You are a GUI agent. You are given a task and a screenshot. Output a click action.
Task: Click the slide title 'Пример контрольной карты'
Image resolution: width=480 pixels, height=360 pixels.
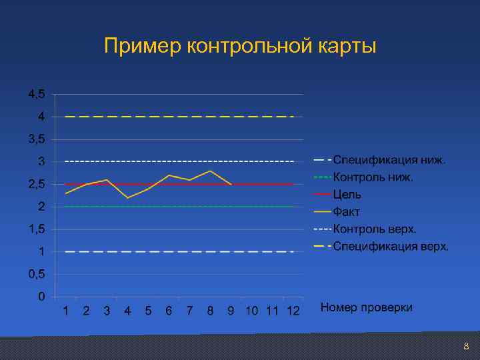(x=240, y=47)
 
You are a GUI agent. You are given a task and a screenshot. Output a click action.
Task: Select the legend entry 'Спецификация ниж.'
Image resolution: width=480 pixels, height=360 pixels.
(x=389, y=160)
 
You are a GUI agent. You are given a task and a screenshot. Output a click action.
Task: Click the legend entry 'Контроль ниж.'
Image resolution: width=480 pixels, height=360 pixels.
(x=373, y=177)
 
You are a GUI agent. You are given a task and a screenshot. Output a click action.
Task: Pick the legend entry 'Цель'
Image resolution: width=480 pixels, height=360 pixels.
(x=347, y=195)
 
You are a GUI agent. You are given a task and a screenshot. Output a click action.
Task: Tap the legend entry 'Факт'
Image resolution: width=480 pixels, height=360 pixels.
(x=347, y=212)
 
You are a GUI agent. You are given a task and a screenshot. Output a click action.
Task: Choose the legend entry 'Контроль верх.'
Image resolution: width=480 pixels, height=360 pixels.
(x=375, y=229)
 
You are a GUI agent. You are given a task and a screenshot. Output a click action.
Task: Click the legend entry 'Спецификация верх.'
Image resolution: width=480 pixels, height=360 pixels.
(x=391, y=247)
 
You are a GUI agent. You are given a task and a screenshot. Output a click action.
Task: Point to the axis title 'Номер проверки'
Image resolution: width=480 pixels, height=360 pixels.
(x=367, y=307)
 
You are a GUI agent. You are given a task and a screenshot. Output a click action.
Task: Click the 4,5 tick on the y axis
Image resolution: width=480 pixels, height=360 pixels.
(x=37, y=94)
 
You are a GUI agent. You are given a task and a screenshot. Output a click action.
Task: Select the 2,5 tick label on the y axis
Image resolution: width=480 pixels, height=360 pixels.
(x=37, y=184)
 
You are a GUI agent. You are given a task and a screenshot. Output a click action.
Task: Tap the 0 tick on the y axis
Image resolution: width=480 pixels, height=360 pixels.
(x=41, y=296)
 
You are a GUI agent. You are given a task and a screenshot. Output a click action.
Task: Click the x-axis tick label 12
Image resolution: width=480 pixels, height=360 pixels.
(x=293, y=311)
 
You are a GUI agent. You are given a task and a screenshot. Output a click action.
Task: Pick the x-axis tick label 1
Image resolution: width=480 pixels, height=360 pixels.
(x=65, y=311)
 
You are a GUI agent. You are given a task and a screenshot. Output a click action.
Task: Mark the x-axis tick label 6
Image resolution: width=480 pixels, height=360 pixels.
(x=169, y=311)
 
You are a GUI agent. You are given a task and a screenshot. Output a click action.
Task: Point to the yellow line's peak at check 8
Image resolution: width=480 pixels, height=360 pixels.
(x=211, y=171)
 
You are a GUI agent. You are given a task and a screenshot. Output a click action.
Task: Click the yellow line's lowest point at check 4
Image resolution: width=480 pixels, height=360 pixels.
(x=127, y=198)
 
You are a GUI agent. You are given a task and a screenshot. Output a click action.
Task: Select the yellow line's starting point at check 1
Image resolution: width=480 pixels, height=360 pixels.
(x=65, y=193)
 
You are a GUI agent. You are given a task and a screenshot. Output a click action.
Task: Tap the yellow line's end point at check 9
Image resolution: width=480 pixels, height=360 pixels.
(x=231, y=184)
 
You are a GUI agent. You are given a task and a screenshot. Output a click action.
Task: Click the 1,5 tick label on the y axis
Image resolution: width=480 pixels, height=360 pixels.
(x=37, y=229)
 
